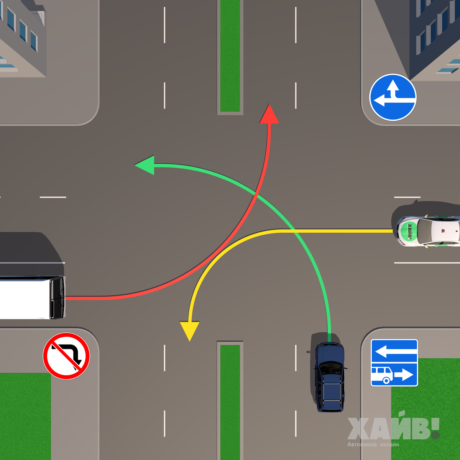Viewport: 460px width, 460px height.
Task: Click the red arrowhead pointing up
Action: coord(269,115)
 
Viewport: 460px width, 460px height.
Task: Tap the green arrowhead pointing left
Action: coord(145,165)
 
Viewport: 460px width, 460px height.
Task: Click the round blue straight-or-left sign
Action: coord(393,97)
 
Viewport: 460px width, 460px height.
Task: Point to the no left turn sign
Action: coord(66,356)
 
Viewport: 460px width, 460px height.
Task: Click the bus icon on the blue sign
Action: coord(382,375)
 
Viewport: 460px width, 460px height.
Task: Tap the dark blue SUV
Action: coord(329,377)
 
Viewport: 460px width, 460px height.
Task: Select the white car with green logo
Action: coord(427,230)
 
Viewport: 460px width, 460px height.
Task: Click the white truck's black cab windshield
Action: coord(58,297)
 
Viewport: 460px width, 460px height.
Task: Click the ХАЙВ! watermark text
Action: coord(393,429)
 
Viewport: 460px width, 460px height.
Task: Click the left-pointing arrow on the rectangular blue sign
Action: coord(394,351)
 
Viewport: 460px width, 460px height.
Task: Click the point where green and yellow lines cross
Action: coord(294,231)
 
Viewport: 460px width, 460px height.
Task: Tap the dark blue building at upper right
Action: coord(433,34)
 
